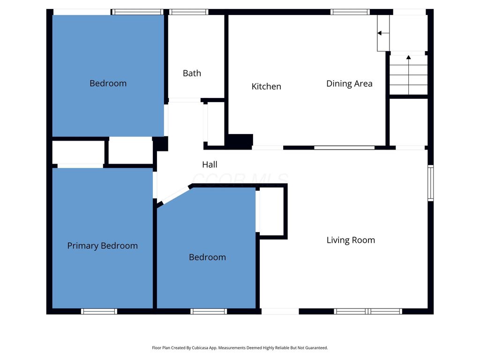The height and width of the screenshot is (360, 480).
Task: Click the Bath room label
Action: (192, 73)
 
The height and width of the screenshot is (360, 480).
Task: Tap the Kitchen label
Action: (266, 86)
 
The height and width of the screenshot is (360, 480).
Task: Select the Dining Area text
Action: (349, 83)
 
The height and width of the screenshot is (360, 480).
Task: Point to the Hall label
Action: (210, 165)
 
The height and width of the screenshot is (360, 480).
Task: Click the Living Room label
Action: (351, 240)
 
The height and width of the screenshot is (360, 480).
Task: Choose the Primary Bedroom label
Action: (103, 246)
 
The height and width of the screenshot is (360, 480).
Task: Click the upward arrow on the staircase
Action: (408, 75)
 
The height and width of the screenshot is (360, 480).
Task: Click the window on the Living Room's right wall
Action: (430, 183)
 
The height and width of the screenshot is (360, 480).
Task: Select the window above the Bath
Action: (188, 12)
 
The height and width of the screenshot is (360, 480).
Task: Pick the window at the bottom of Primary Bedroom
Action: (99, 311)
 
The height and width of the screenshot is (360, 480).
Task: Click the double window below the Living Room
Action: (367, 311)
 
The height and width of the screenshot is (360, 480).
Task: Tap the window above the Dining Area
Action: (350, 12)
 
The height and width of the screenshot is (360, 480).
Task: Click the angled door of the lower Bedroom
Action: (175, 195)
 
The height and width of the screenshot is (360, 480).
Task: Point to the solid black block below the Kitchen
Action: (240, 141)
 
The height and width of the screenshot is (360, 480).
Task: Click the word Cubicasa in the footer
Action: (199, 348)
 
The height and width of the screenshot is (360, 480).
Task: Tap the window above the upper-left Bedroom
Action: (137, 12)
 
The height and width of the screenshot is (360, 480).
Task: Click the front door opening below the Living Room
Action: (280, 311)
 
